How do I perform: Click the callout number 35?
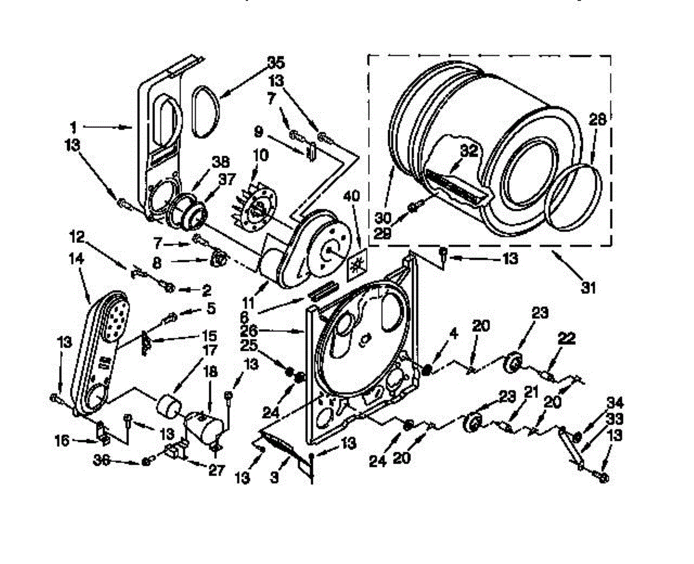276,62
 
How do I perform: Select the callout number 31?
588,286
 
